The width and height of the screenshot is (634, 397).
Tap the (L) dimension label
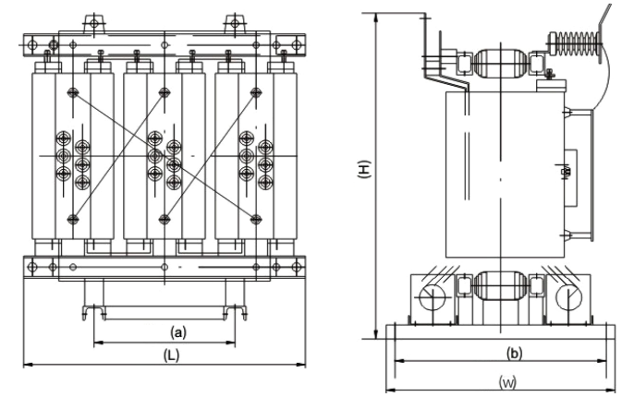(x=170, y=355)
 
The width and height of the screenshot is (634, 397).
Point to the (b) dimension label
(x=515, y=352)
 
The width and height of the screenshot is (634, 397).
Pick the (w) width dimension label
(x=506, y=380)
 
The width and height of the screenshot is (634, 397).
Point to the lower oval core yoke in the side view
(x=499, y=285)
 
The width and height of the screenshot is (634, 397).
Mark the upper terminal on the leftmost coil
(x=73, y=91)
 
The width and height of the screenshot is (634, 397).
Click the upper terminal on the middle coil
(x=165, y=91)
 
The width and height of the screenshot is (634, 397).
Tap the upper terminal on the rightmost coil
(x=256, y=91)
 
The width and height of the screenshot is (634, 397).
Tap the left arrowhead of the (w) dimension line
(x=389, y=389)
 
